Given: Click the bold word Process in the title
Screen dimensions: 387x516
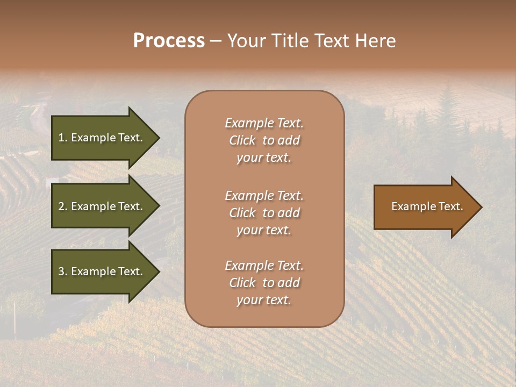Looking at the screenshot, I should pos(169,41).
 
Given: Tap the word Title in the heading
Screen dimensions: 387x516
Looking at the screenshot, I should pos(287,41).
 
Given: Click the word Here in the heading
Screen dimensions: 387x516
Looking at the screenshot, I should pos(375,41).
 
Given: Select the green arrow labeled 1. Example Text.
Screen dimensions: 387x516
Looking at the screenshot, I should pos(101,138).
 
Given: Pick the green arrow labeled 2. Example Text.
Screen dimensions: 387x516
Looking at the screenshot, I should pos(101,206).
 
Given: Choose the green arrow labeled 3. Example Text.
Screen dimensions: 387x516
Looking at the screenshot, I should pos(101,271).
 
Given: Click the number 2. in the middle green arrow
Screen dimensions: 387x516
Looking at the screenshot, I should pos(63,206).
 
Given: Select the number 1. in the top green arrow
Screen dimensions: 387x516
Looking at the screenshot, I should pos(63,138).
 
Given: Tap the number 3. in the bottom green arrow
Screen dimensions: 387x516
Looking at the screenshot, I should pos(63,271).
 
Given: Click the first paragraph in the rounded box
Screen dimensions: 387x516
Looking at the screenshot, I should pos(264,140).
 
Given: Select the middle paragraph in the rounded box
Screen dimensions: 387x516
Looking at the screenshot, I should pos(264,213).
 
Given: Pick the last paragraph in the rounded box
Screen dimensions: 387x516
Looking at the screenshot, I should pos(264,283).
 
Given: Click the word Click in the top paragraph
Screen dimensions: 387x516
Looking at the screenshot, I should pos(242,140).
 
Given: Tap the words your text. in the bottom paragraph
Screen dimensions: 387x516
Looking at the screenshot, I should pos(264,300).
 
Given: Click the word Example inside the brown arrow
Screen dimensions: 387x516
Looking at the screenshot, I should pos(411,206).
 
